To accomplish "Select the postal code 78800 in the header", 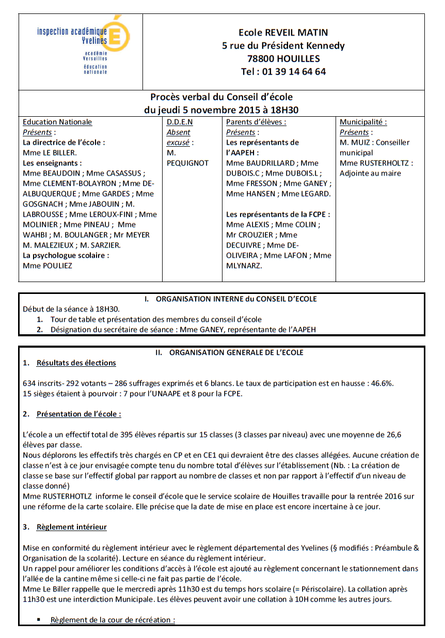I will tap(262, 59).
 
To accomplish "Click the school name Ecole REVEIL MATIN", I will tap(283, 33).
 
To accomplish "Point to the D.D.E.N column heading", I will tap(179, 122).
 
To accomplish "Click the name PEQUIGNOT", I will tap(187, 163).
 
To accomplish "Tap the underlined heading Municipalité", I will tap(363, 122).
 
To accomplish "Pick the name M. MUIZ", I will tap(355, 142).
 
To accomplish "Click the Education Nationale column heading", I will tap(57, 122).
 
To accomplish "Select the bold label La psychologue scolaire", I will tap(66, 255).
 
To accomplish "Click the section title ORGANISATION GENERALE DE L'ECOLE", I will tap(236, 352).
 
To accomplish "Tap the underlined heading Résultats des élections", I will tap(76, 363).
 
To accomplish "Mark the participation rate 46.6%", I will tap(383, 383).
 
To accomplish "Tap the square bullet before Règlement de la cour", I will tap(39, 619).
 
